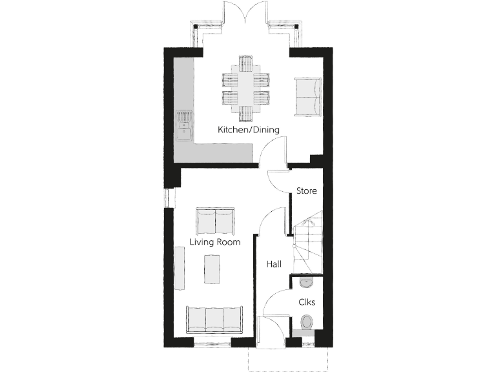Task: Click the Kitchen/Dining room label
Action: coord(249,130)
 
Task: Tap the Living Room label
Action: coord(215,242)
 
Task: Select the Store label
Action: coord(306,191)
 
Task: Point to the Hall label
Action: coord(274,263)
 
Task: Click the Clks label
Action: coord(306,302)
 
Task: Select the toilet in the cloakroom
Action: coord(307,321)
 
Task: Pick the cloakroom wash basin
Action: coord(306,282)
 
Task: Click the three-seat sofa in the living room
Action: coord(214,318)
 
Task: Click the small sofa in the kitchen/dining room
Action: coord(307,97)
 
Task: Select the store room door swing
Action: coord(279,180)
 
